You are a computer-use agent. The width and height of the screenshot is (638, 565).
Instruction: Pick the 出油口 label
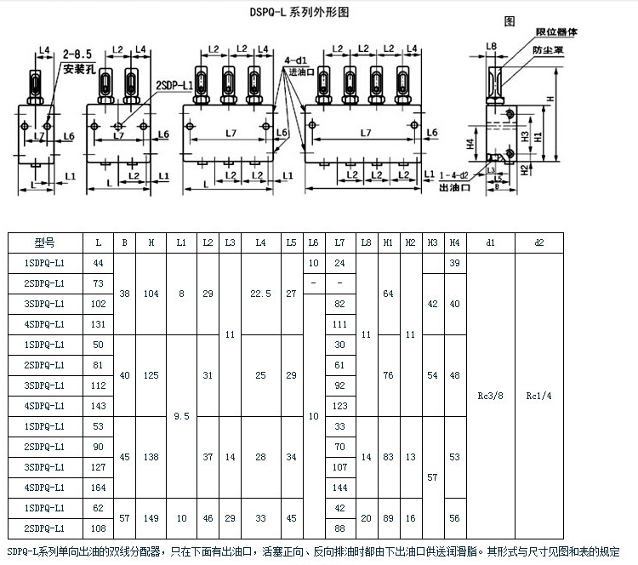click(454, 185)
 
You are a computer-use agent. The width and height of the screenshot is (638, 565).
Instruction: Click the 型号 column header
click(44, 243)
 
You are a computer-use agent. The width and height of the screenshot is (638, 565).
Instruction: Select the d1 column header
click(490, 243)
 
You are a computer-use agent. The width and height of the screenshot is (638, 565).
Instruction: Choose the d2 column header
click(538, 243)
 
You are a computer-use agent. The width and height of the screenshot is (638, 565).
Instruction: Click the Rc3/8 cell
click(490, 396)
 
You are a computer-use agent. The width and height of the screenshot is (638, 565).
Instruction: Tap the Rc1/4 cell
click(538, 396)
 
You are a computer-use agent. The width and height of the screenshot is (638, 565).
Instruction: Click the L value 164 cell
click(99, 488)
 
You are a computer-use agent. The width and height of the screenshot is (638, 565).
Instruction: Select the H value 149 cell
click(151, 518)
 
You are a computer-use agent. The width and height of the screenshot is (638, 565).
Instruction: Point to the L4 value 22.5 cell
click(261, 294)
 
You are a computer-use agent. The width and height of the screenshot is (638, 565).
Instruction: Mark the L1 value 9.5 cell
click(181, 416)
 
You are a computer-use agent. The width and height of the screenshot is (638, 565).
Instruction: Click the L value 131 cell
click(99, 324)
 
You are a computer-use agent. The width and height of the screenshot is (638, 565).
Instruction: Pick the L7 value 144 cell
click(340, 488)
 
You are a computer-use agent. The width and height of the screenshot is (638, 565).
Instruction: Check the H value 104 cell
click(151, 294)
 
